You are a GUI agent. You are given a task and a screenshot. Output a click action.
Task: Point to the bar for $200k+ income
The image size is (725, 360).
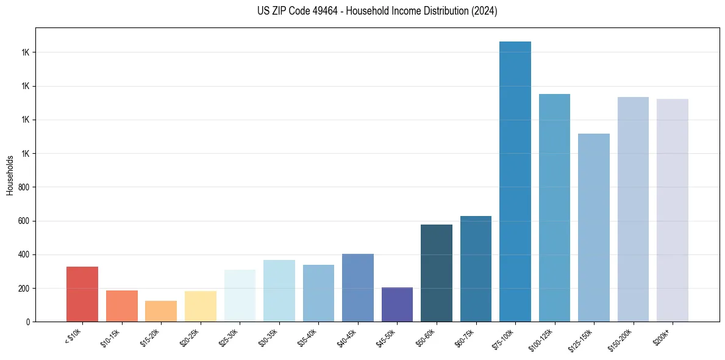(672, 210)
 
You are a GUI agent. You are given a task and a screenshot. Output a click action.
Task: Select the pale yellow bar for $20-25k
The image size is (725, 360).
(201, 306)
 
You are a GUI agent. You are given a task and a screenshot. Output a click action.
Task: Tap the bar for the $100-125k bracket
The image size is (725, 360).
(554, 207)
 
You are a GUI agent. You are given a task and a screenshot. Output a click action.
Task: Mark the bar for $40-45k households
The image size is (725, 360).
(358, 287)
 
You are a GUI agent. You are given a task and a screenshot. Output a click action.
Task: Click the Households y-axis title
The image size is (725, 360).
(10, 175)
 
